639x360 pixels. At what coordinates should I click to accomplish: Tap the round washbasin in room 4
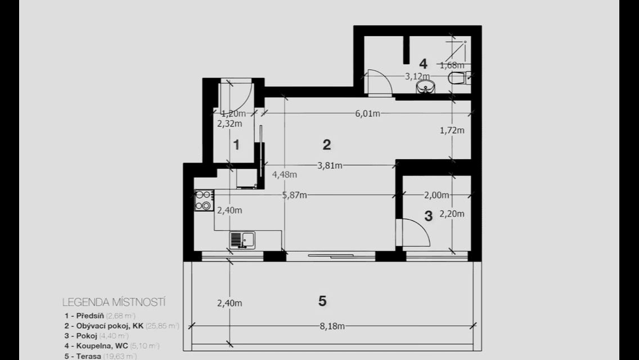[x=426, y=87]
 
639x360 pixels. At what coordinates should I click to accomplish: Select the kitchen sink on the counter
[x=242, y=240]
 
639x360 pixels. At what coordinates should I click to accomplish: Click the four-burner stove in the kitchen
[x=204, y=200]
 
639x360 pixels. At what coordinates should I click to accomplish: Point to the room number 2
[x=326, y=145]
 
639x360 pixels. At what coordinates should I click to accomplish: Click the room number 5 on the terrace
[x=322, y=301]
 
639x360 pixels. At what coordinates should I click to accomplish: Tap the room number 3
[x=428, y=216]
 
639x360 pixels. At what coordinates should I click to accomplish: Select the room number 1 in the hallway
[x=236, y=145]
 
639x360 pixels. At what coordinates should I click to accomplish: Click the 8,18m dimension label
[x=332, y=326]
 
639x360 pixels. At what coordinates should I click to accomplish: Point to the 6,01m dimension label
[x=368, y=114]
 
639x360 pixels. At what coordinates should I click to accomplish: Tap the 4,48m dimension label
[x=284, y=174]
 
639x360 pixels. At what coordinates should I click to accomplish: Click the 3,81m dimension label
[x=330, y=165]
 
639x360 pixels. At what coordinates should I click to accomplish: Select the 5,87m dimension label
[x=295, y=195]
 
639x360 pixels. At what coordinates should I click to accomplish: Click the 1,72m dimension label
[x=452, y=130]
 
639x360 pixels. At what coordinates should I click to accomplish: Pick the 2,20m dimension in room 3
[x=452, y=214]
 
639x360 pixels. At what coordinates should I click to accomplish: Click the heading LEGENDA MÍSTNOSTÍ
[x=114, y=302]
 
